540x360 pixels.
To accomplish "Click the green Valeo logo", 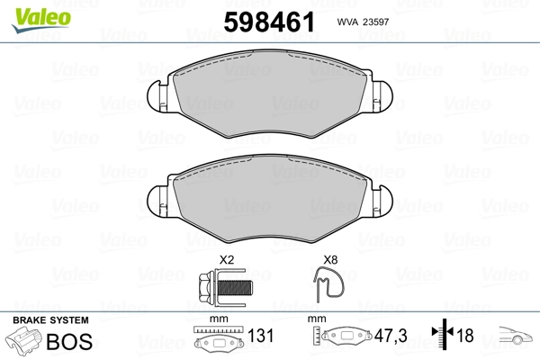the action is (x=41, y=20).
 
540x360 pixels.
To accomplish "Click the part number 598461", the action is (x=269, y=22).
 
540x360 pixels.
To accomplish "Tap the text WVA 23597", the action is (x=363, y=22).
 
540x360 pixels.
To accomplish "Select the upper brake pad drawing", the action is (x=270, y=94).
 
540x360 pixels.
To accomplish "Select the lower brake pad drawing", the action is (x=270, y=198).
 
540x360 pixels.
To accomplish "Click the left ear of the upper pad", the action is (x=157, y=96).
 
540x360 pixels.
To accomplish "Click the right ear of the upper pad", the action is (x=382, y=96).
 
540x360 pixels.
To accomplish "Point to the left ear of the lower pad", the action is (x=157, y=202).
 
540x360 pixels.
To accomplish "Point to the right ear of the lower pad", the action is (x=382, y=202).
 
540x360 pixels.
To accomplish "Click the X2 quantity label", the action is (x=227, y=260).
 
